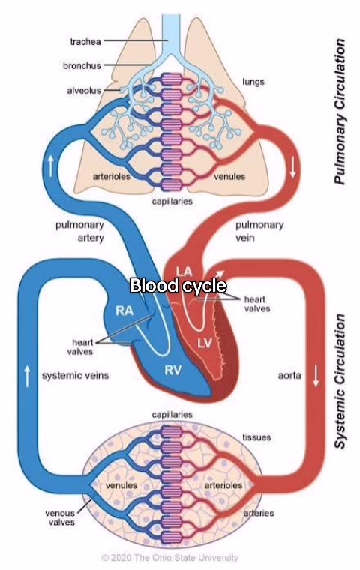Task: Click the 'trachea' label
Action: coord(85,42)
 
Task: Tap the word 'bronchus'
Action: coord(82,66)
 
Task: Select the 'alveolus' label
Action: coord(84,90)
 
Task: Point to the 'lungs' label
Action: coord(253,82)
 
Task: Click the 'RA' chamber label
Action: coord(124,310)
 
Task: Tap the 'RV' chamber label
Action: coord(172,370)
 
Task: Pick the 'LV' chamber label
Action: coord(205,342)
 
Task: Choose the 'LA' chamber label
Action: coord(184,271)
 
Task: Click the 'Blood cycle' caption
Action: coord(178,285)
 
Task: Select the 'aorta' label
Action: coord(289,375)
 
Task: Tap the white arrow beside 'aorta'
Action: coord(316,376)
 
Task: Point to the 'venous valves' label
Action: coord(60,517)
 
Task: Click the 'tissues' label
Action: coord(256,437)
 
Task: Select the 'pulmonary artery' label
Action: coord(80,231)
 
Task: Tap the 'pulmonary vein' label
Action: coord(259,231)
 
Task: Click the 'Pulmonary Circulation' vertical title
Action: coord(339,111)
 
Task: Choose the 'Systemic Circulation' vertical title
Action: coord(339,381)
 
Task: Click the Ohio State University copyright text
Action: coord(169,557)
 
